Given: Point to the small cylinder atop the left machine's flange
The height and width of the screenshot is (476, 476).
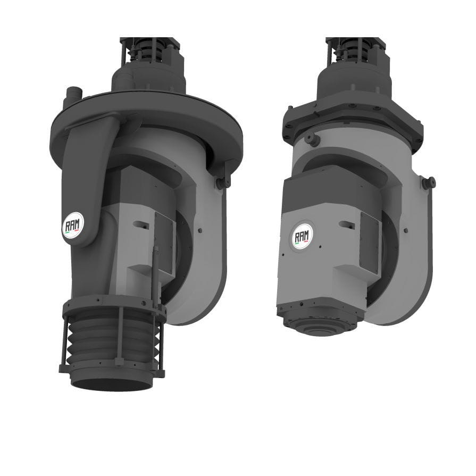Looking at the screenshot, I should [71, 95].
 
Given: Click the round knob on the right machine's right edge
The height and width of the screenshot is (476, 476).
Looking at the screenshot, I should [428, 182].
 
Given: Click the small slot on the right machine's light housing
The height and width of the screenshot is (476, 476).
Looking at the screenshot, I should [348, 224].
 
